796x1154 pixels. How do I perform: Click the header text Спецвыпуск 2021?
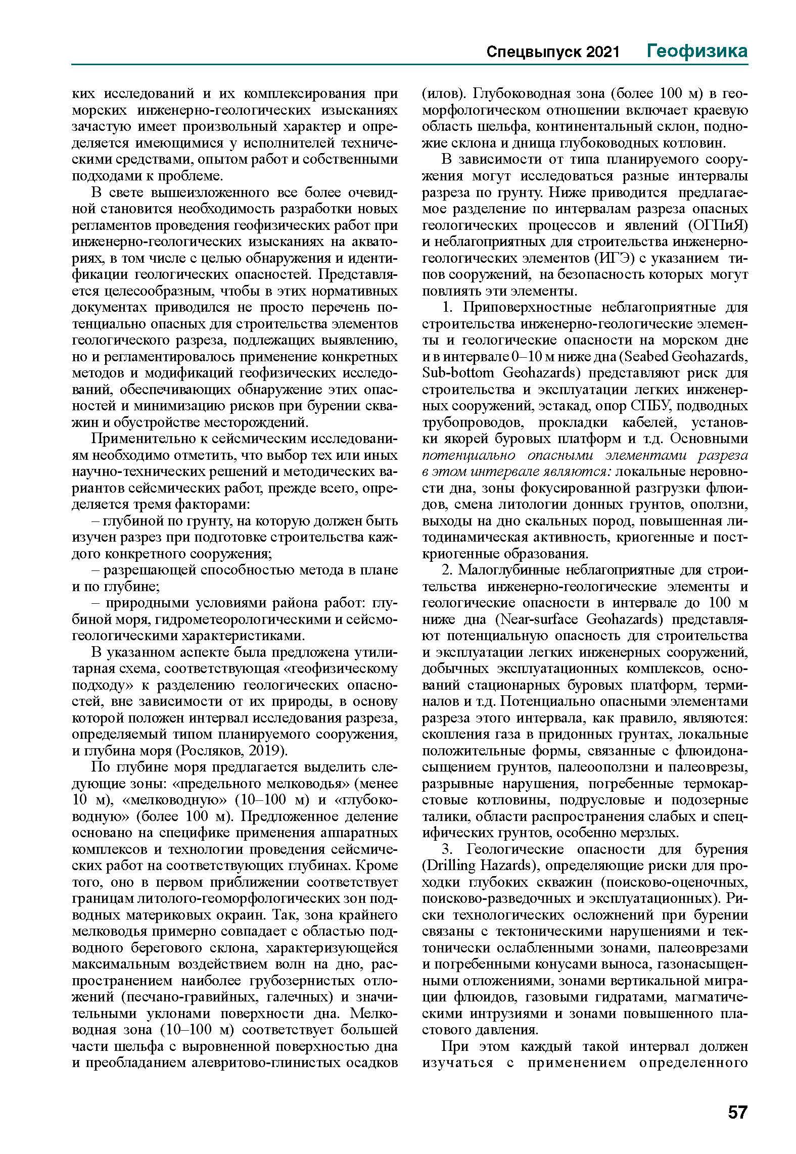[552, 52]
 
